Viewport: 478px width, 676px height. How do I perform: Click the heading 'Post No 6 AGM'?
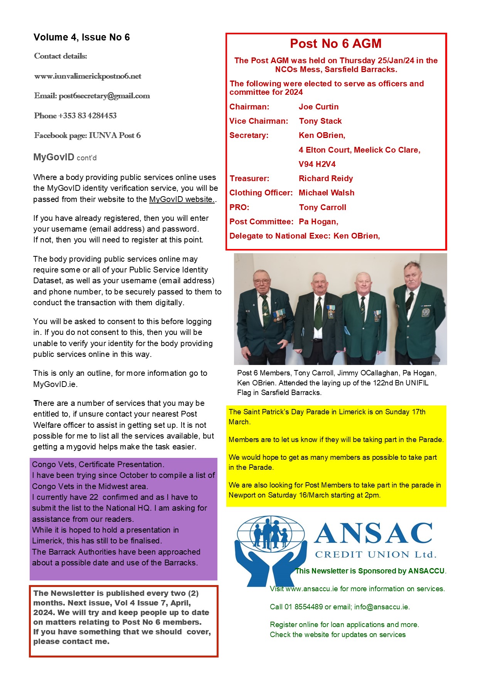point(335,44)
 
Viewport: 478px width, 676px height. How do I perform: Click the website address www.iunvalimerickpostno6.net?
point(88,76)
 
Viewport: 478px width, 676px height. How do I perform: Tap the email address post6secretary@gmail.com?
point(104,96)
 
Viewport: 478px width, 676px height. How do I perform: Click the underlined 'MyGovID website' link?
point(182,199)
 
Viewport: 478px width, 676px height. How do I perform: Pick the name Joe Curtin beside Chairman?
point(318,107)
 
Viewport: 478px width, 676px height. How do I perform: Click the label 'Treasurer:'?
point(249,178)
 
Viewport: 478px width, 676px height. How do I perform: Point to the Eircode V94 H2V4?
point(317,164)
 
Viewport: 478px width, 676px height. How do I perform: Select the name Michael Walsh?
point(327,193)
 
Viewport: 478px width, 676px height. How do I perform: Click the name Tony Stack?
point(320,121)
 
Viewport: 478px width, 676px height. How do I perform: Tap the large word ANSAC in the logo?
point(373,534)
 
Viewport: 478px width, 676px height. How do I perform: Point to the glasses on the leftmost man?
point(262,281)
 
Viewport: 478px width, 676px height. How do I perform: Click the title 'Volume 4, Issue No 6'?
point(82,37)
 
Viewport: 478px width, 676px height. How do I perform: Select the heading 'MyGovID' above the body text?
point(54,157)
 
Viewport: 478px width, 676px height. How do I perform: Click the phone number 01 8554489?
point(304,607)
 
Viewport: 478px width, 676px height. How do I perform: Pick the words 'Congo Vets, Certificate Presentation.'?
point(98,464)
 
